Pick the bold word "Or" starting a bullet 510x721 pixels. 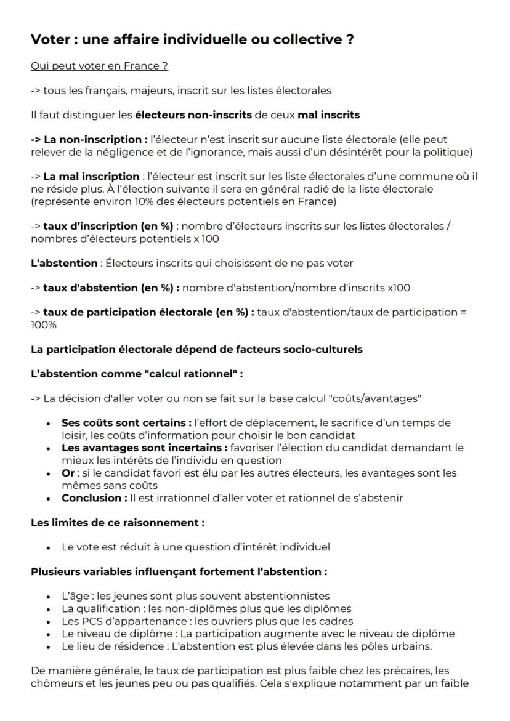tap(68, 473)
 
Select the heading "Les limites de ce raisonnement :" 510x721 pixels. tap(117, 522)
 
